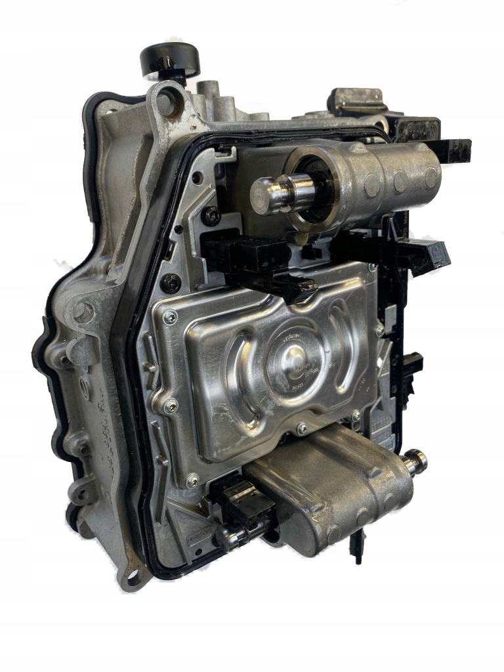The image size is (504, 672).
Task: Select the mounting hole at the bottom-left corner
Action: pos(134,578)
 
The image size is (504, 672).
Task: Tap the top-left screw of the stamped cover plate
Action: pos(170,318)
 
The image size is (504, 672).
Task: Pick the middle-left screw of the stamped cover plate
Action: pos(171,403)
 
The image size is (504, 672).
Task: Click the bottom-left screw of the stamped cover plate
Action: pos(192,480)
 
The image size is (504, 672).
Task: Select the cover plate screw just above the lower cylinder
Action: pos(301,428)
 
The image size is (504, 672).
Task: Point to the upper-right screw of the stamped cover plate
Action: pos(379,329)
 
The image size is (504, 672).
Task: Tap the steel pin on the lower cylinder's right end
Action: pos(416,461)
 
